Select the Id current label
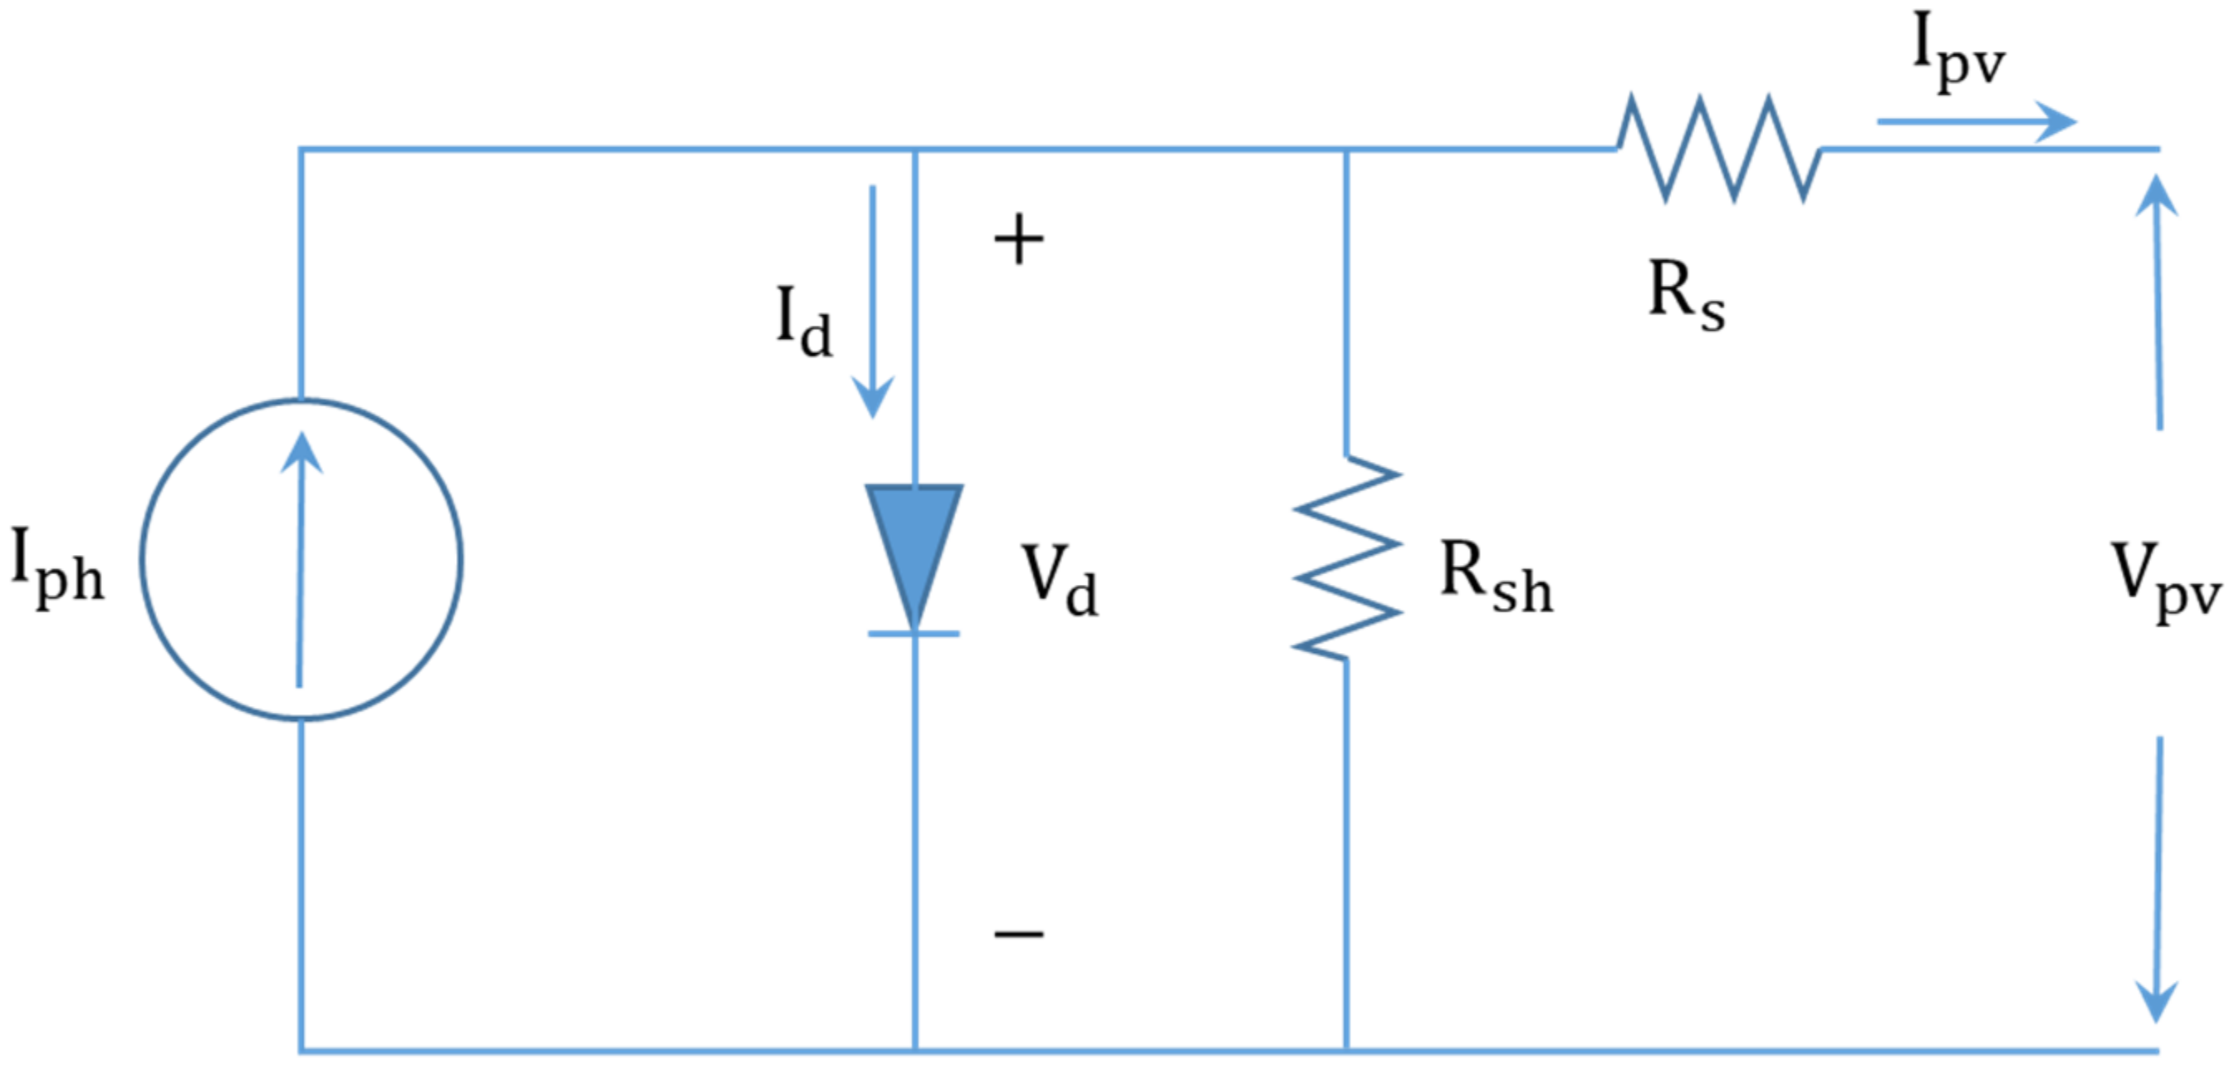tap(802, 322)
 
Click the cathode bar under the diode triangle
tap(914, 634)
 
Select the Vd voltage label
tap(1060, 579)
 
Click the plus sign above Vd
tap(1018, 240)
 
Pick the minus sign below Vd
tap(1018, 934)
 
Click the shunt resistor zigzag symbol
tap(1346, 557)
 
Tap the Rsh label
tap(1495, 577)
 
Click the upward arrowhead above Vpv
tap(2156, 195)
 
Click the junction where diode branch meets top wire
tap(915, 150)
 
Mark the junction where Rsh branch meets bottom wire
tap(1346, 1051)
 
